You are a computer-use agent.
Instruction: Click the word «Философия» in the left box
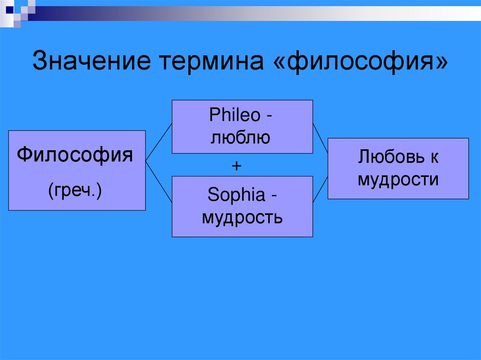coord(75,154)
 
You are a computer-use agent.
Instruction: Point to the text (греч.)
coord(75,191)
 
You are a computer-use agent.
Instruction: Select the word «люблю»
coord(240,138)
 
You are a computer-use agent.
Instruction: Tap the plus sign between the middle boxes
coord(237,165)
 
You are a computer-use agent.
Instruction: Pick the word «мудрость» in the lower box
coord(242,217)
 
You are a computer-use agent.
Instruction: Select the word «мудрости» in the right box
coord(398,179)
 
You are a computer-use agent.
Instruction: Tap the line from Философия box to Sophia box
coord(159,181)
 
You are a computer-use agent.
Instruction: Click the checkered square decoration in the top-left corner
coord(19,10)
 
